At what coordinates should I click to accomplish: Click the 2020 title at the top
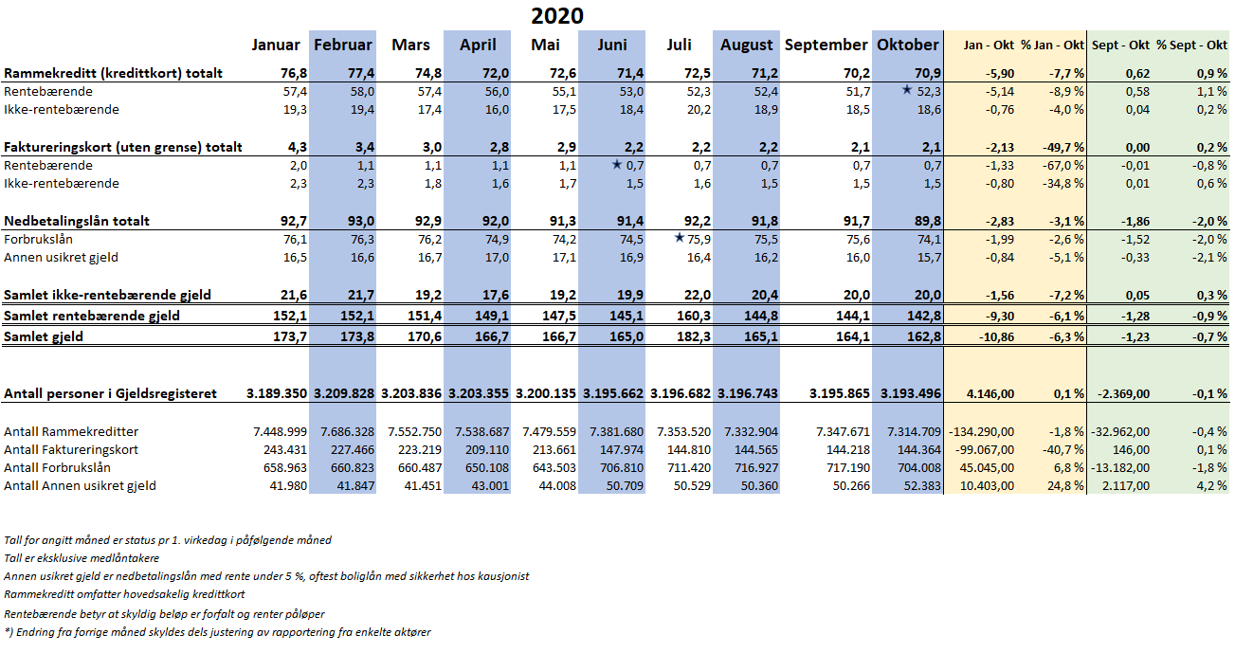point(557,15)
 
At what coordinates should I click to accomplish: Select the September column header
point(826,45)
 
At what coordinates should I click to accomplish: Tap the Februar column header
point(343,45)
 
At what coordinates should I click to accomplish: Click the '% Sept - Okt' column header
point(1191,45)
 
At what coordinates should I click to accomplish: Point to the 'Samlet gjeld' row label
point(44,336)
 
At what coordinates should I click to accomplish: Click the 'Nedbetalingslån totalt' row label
point(77,221)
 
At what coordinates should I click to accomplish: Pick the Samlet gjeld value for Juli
point(694,336)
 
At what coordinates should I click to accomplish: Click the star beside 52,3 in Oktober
point(906,89)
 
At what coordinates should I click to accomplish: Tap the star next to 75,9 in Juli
point(680,237)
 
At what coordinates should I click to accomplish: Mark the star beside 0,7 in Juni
point(617,164)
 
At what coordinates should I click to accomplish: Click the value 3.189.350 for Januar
point(276,393)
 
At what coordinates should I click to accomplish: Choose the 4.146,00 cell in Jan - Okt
point(990,393)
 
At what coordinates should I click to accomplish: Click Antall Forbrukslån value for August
point(756,467)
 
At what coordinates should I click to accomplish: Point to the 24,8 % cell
point(1066,486)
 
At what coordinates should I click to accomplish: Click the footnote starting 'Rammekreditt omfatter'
point(124,594)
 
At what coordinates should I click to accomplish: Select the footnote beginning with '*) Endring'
point(217,632)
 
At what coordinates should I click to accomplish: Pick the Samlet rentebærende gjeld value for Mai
point(558,316)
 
